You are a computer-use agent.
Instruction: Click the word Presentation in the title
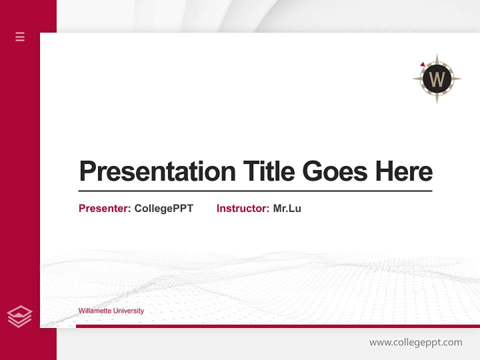pos(157,171)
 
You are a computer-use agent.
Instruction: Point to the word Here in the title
pos(404,171)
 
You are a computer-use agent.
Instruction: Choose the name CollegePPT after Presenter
pos(163,208)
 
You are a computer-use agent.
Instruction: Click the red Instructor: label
pos(243,208)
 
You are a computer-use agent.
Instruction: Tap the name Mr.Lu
pos(287,208)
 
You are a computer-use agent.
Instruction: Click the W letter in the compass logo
pos(437,79)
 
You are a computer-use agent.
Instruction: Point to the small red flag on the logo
pos(422,64)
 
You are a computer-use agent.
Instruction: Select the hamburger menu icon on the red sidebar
pos(20,36)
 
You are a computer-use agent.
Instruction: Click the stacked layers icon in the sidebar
pos(19,316)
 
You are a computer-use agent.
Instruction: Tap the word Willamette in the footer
pos(94,311)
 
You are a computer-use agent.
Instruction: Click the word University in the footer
pos(128,311)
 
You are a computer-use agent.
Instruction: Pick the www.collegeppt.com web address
pos(415,342)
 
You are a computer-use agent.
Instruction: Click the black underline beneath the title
pos(255,191)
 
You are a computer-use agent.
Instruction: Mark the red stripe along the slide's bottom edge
pos(277,326)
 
